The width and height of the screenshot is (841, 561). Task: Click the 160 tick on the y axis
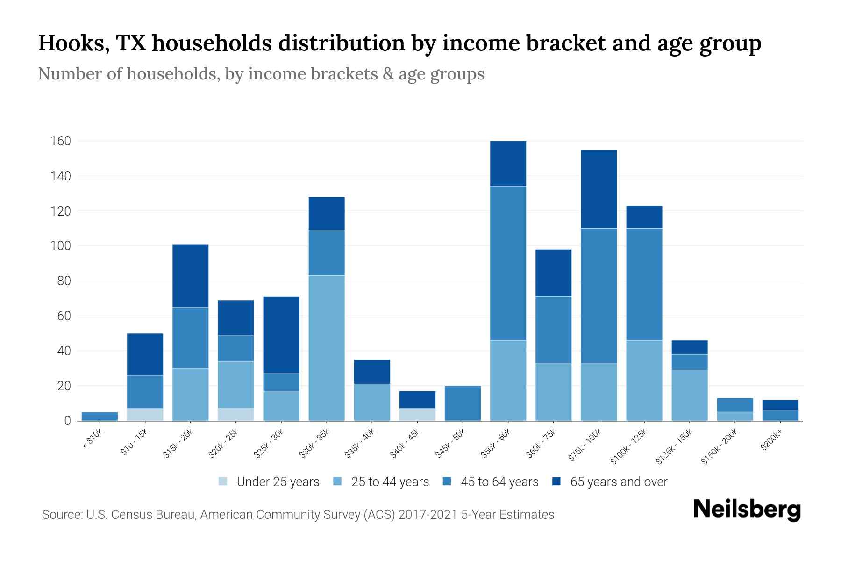60,141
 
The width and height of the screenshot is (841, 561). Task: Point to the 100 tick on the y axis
60,246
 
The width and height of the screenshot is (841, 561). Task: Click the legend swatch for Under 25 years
223,482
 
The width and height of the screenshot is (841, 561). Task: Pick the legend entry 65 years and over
618,482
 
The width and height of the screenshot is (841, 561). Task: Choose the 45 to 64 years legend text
499,482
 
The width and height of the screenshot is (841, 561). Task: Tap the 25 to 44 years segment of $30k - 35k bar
327,348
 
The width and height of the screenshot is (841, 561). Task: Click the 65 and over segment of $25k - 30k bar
281,335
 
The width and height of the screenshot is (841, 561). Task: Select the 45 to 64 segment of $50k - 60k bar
508,263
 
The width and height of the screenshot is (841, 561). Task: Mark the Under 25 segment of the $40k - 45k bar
417,414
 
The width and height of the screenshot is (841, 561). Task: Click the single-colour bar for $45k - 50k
463,403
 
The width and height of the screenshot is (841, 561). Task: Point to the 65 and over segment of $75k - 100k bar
599,189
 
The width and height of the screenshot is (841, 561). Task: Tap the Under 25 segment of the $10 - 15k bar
145,414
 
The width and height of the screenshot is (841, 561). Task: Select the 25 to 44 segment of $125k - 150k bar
689,395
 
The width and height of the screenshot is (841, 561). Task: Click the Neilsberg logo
747,510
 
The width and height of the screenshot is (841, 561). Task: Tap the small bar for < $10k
100,416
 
